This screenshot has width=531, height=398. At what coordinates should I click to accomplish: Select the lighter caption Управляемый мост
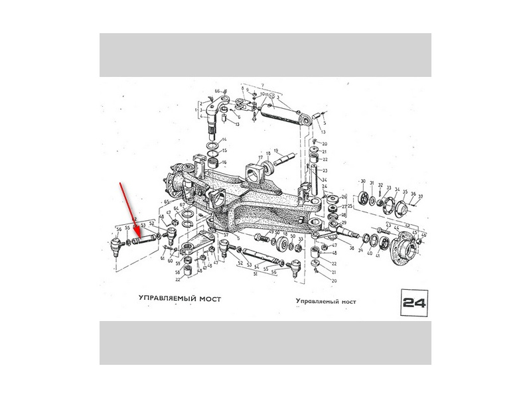click(326, 300)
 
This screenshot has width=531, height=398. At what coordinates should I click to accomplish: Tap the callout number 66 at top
click(216, 90)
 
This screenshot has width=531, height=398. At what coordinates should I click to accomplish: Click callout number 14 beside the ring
click(224, 140)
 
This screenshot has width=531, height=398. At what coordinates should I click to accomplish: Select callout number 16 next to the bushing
click(224, 163)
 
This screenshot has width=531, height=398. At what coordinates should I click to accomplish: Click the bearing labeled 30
click(364, 197)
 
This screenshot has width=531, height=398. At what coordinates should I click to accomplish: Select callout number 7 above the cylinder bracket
click(262, 86)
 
